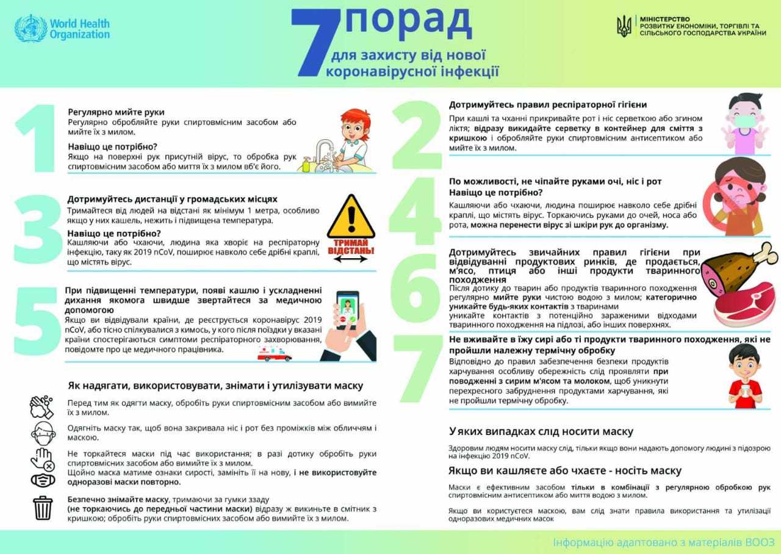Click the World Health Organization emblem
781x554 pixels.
31,27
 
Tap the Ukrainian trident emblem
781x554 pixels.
624,26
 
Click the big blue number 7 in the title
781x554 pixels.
315,43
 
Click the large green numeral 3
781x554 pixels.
38,232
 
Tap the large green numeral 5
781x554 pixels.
37,321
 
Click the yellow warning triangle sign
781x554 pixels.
350,220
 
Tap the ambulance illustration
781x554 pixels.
274,354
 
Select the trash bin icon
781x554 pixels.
43,508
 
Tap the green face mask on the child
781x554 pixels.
744,121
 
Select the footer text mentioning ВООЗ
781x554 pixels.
663,542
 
